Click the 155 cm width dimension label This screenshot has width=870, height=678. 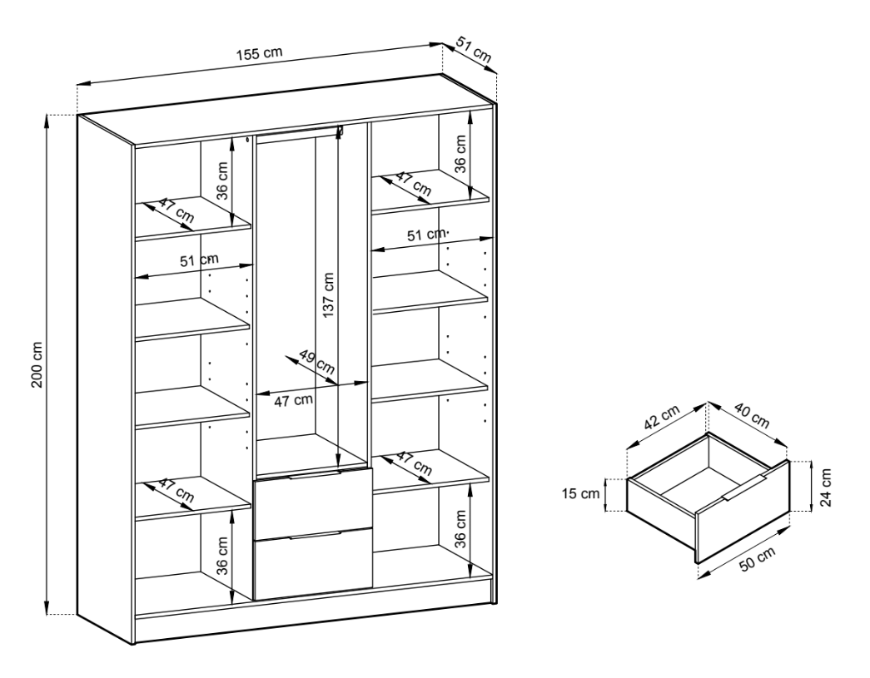260,54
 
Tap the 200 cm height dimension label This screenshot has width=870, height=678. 37,364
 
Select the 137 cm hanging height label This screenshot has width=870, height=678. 328,294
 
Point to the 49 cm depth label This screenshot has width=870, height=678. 317,361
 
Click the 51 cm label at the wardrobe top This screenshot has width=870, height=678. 475,49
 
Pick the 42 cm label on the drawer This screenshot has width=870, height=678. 661,418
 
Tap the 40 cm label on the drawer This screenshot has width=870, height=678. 753,416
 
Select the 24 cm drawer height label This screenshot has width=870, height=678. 826,487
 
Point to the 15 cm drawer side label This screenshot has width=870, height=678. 580,493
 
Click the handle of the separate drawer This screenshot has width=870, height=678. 744,487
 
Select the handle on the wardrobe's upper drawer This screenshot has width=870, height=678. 314,474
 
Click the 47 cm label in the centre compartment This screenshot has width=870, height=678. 294,400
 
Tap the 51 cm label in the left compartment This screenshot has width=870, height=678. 199,260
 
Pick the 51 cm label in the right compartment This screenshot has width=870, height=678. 426,235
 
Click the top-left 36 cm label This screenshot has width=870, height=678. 221,181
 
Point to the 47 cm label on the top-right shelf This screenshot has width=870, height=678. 414,184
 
